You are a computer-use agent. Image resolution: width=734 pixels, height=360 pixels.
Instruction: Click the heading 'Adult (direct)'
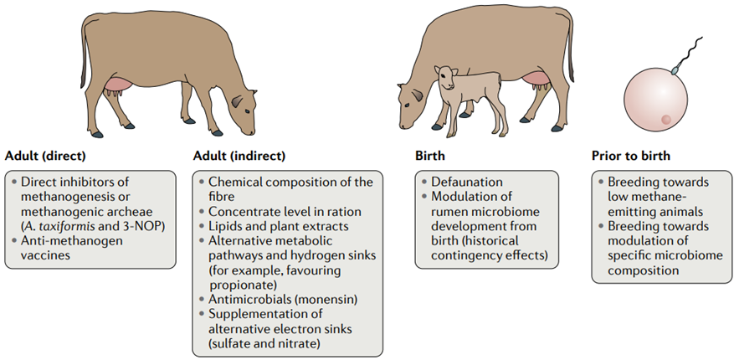(x=46, y=156)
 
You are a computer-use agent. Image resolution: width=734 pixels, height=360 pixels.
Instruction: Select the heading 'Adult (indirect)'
(x=239, y=156)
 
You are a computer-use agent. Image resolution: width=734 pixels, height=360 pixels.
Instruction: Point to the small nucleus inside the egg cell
(x=667, y=120)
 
